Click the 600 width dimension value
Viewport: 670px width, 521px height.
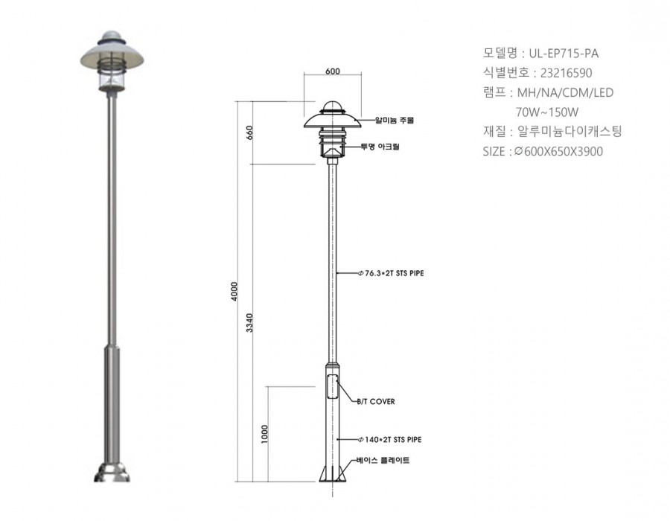point(333,71)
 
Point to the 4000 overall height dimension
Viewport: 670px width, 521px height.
point(234,291)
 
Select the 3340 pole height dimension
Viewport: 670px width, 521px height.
point(250,323)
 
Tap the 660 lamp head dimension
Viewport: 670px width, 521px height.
point(250,132)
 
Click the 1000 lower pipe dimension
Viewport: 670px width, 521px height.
point(264,434)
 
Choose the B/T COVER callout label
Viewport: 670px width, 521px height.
point(376,401)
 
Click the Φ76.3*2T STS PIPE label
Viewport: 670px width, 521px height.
point(391,273)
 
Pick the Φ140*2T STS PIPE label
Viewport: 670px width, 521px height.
point(389,439)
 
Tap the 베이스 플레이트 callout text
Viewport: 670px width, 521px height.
point(383,460)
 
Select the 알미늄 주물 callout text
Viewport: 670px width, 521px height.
point(395,120)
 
